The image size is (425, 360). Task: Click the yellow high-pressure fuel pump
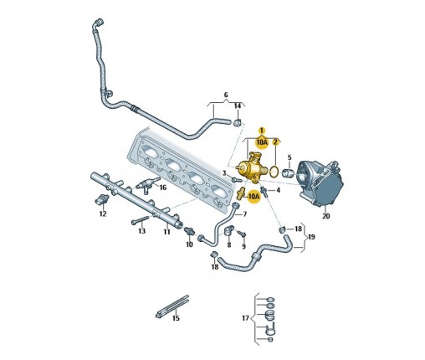coord(249,168)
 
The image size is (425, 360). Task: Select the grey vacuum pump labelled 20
coord(320,183)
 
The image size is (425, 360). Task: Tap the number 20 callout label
coord(325,216)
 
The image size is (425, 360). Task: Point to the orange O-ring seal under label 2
coord(274,172)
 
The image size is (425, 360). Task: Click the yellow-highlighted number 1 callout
coord(262,131)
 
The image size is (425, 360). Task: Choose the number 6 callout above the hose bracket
coord(226,95)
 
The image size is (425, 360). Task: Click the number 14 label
coord(238,106)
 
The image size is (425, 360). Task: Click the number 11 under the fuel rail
coord(166,232)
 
